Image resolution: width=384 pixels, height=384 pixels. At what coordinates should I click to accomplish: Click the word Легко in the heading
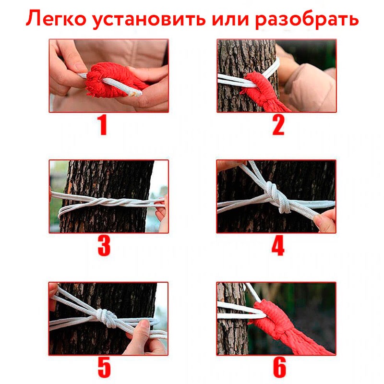[56, 19]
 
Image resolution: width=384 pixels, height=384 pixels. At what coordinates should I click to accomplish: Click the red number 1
[103, 125]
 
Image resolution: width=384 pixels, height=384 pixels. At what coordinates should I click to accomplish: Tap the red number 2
[278, 125]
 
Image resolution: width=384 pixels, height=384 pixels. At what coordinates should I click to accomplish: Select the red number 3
[104, 246]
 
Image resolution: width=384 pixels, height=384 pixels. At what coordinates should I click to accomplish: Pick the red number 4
[278, 246]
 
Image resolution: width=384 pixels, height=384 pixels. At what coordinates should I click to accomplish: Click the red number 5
[104, 367]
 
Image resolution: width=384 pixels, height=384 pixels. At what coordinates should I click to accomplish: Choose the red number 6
[279, 367]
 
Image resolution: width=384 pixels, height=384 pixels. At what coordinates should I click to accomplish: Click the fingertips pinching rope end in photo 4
[324, 220]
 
